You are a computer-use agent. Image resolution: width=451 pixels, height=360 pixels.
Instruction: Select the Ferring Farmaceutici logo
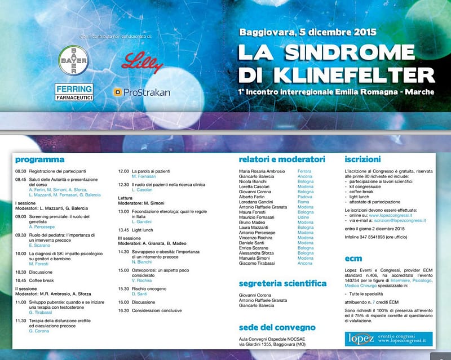click(74, 92)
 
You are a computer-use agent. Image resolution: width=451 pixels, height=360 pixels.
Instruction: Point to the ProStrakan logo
click(142, 92)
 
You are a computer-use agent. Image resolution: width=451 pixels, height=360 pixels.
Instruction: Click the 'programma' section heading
click(39, 159)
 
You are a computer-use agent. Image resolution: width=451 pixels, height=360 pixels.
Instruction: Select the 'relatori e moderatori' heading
click(282, 159)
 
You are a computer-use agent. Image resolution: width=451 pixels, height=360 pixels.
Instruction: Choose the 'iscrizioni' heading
click(362, 159)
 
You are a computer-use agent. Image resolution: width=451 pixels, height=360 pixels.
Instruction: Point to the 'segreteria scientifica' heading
click(282, 283)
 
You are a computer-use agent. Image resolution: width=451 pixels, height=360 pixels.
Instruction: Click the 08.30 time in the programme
click(21, 170)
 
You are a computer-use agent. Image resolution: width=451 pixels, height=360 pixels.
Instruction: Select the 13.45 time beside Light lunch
click(123, 230)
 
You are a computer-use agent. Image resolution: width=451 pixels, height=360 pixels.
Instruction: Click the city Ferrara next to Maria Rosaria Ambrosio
click(304, 171)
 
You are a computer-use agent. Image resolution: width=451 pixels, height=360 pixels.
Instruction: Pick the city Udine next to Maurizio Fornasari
click(304, 217)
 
